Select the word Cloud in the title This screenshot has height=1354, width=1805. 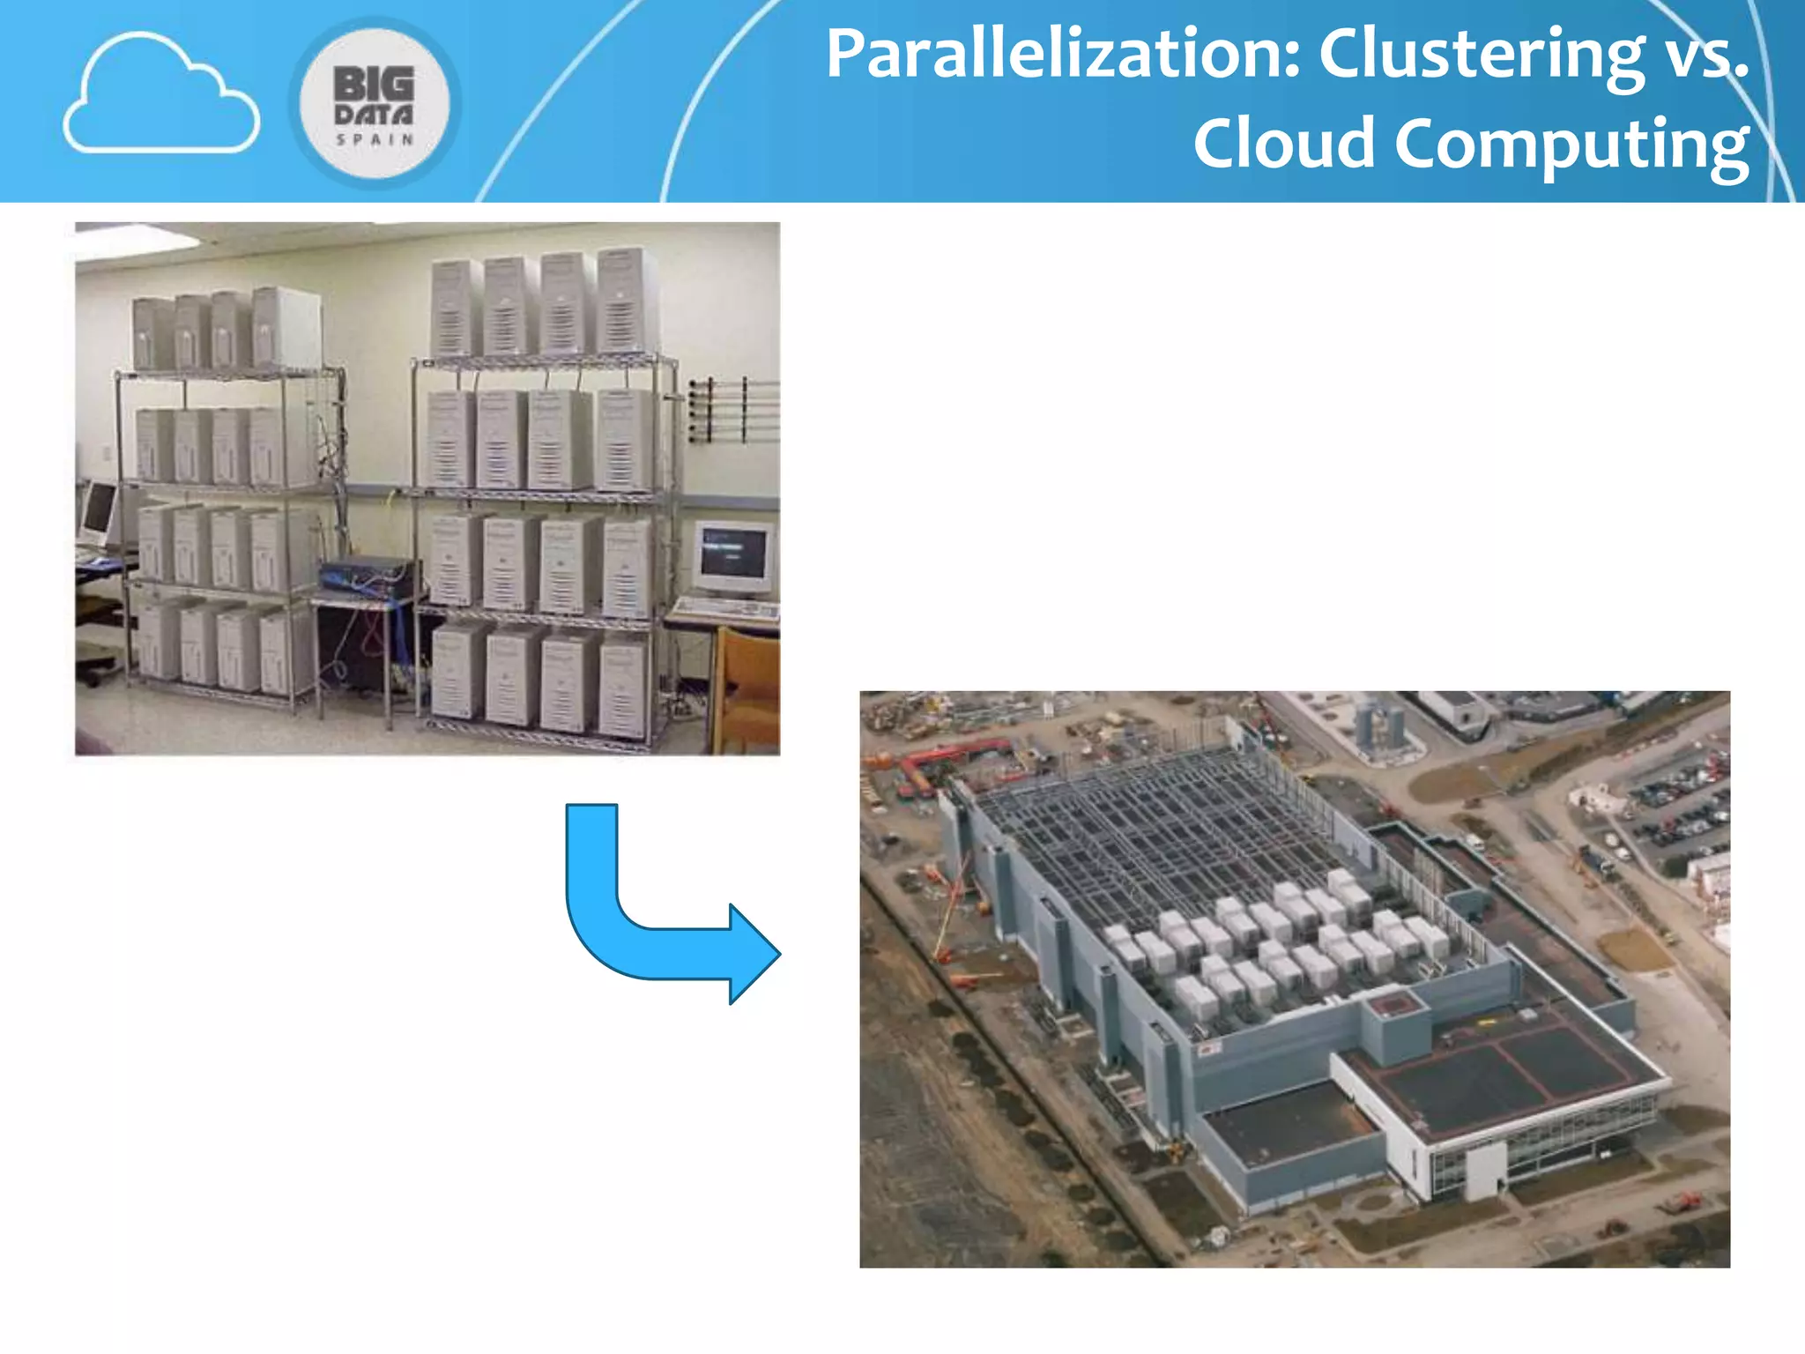point(1283,144)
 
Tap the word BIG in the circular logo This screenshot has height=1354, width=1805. point(374,85)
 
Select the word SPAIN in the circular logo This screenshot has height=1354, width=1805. point(375,139)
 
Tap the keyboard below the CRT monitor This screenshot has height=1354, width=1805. point(728,608)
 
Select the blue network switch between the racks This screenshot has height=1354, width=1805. point(368,575)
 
